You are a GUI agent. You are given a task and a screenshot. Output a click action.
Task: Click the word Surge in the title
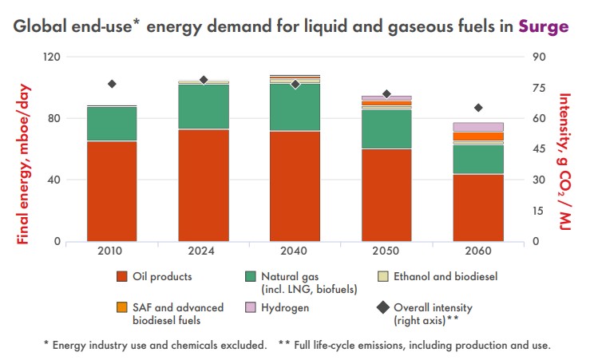543,26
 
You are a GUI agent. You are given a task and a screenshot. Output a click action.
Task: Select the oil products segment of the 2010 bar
112,191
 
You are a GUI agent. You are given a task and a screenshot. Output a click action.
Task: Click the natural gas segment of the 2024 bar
203,106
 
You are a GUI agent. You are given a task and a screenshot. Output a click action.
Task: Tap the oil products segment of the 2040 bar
295,186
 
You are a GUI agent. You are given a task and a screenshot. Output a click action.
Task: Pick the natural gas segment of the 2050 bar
386,129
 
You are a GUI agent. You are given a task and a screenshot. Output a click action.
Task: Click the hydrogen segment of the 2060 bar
478,127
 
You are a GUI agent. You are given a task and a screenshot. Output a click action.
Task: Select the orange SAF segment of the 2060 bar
478,136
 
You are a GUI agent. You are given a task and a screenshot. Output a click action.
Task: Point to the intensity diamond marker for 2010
112,84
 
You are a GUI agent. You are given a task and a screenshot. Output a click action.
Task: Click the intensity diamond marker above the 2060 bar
478,108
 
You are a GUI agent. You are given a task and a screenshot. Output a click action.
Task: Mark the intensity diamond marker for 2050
386,94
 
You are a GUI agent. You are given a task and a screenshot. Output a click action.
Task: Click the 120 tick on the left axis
53,57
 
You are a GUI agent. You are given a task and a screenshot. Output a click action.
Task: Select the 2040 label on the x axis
295,251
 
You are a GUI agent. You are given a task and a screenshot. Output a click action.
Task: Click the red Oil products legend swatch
122,277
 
